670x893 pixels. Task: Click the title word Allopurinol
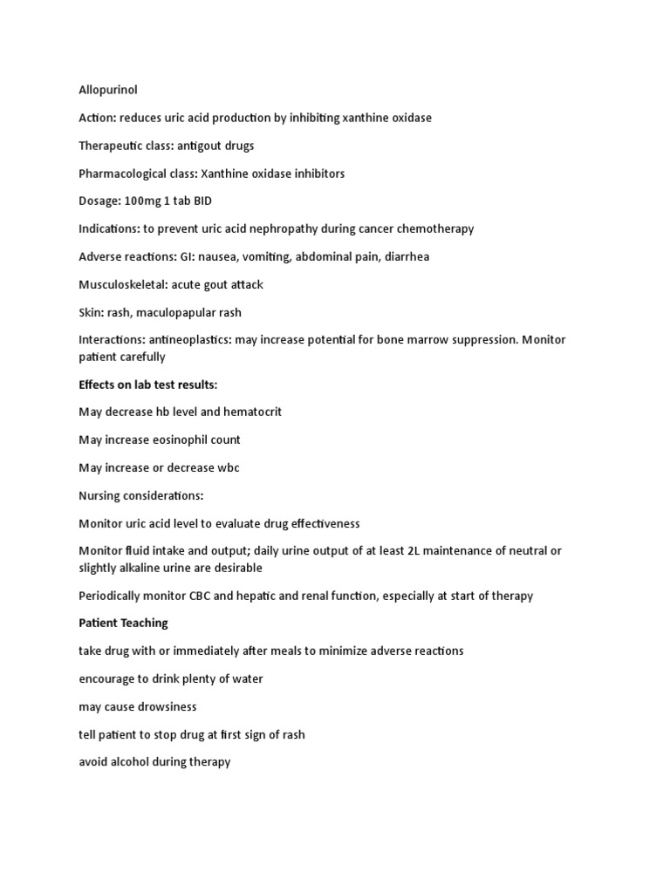[x=108, y=89]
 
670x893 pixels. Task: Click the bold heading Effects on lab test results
[x=148, y=385]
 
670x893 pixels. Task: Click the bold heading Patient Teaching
[x=123, y=624]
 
